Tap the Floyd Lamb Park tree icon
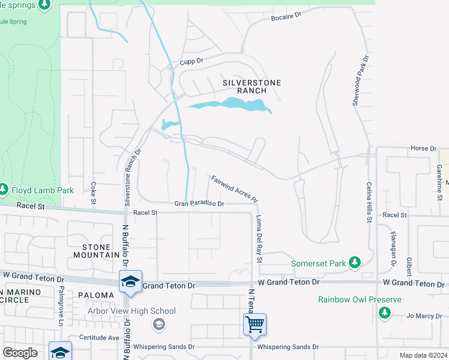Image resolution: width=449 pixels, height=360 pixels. (x=4, y=190)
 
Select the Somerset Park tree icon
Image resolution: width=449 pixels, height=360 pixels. (x=355, y=262)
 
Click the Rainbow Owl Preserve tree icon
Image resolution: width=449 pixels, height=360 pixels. (x=384, y=312)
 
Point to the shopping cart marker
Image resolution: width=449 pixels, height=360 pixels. (x=255, y=325)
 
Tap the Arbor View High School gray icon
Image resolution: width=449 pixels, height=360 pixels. (x=158, y=325)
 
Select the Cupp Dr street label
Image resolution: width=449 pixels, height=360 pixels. (x=192, y=61)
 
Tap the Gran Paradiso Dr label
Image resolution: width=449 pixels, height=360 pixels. (x=199, y=204)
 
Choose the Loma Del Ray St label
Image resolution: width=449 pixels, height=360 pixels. (x=259, y=239)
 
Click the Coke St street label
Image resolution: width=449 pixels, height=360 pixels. (x=93, y=193)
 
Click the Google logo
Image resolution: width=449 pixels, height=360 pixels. (x=20, y=353)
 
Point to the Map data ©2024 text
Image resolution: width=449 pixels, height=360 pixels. (x=423, y=355)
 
